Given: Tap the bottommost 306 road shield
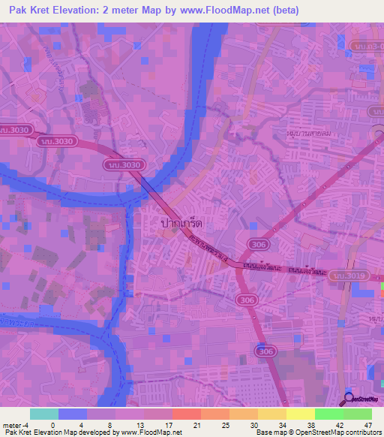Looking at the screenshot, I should (x=263, y=351).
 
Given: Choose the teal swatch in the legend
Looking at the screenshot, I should (x=44, y=414).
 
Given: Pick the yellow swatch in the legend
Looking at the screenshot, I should (x=299, y=414).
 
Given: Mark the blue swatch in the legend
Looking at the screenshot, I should (x=73, y=414).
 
